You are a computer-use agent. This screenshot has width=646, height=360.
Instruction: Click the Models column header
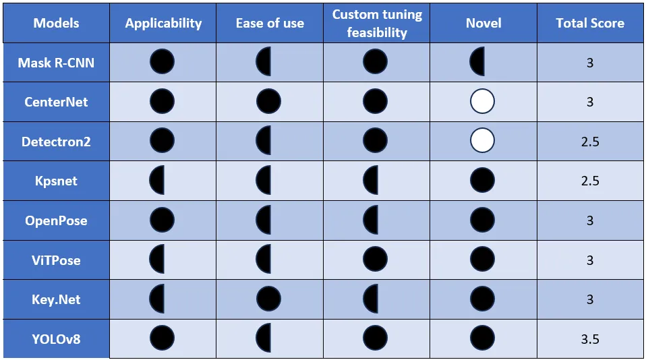click(x=56, y=23)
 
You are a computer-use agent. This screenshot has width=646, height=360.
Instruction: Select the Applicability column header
click(x=163, y=23)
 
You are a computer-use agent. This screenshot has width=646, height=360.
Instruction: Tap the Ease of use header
click(x=269, y=23)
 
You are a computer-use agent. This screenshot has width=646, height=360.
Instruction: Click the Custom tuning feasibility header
click(x=376, y=23)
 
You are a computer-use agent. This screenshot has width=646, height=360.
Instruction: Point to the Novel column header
click(x=483, y=23)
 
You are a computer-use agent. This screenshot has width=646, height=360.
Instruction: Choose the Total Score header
click(x=589, y=23)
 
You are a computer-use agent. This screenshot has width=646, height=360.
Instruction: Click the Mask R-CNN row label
click(x=56, y=63)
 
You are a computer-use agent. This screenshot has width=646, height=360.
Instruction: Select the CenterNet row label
click(x=56, y=102)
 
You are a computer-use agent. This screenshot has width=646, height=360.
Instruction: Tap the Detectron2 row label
click(x=56, y=142)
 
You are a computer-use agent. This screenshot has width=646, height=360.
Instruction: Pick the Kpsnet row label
click(x=56, y=181)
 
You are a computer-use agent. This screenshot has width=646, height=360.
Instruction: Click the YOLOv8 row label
click(x=56, y=338)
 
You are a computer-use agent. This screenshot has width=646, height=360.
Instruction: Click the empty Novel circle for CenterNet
click(x=482, y=102)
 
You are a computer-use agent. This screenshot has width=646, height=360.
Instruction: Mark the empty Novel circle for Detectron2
click(x=482, y=141)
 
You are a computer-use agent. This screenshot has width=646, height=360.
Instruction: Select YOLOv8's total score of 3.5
click(x=589, y=338)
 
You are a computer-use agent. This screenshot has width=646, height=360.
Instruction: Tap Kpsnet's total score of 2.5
click(x=589, y=181)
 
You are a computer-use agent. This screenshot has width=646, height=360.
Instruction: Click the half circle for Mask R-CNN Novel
click(x=477, y=62)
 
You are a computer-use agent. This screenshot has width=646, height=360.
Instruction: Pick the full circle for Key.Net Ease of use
click(x=268, y=299)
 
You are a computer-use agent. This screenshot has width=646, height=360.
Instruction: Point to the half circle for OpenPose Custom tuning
click(x=371, y=220)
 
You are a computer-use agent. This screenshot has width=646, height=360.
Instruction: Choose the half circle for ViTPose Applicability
click(x=157, y=259)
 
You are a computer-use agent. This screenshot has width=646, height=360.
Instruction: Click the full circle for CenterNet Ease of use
click(x=268, y=102)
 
